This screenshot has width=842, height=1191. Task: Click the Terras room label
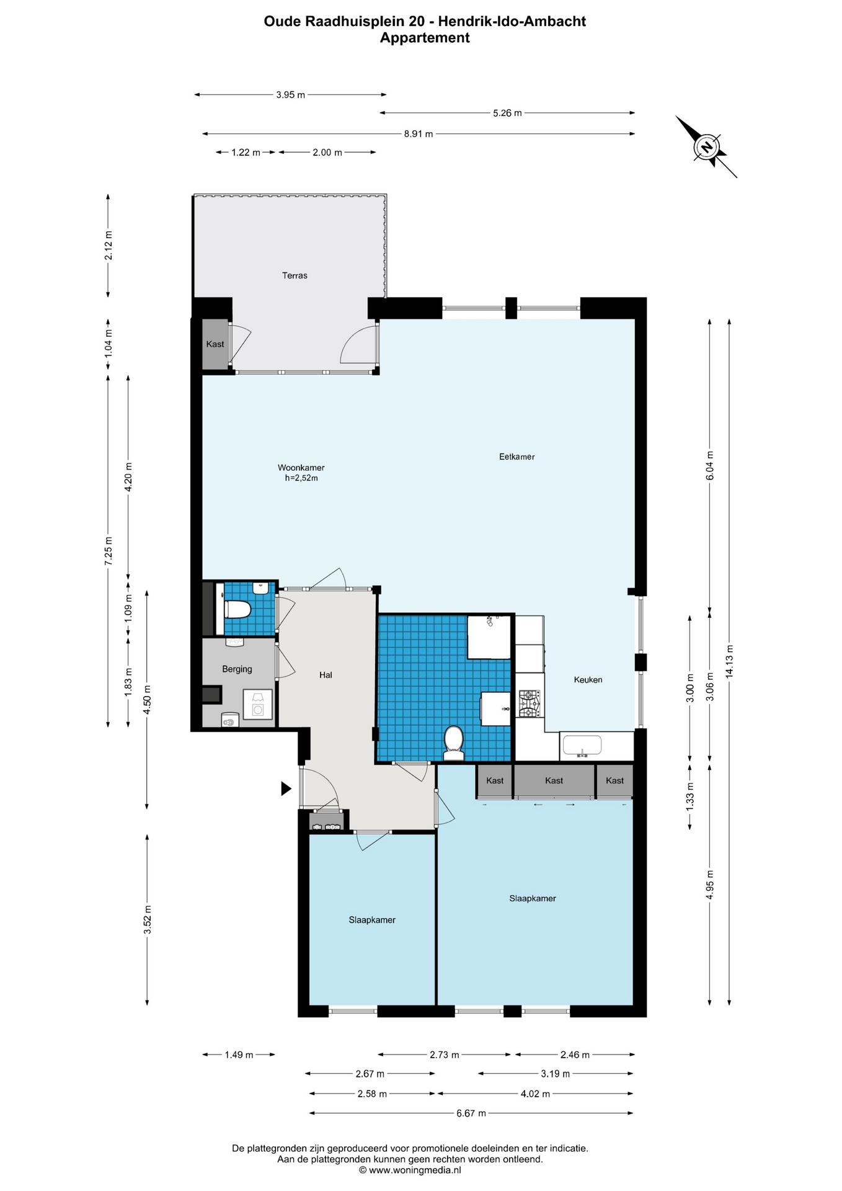click(295, 275)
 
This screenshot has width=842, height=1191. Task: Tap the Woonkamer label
click(301, 468)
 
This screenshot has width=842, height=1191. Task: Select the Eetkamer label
click(516, 457)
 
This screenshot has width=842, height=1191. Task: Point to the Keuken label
click(588, 679)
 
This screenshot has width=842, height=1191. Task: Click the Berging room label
click(237, 669)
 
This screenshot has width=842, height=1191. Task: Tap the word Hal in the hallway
click(326, 675)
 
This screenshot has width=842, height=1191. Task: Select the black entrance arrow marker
click(286, 788)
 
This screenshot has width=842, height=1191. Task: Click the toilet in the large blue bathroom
click(454, 743)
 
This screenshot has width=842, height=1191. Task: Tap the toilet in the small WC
click(237, 610)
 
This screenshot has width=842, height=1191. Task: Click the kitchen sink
click(581, 746)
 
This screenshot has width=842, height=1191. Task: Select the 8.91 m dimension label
click(419, 134)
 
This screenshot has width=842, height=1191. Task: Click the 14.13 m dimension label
click(729, 662)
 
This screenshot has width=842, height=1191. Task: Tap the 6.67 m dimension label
click(471, 1113)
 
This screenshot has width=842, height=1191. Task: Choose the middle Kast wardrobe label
click(554, 780)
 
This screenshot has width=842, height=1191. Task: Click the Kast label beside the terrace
click(215, 344)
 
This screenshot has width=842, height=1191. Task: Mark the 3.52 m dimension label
click(148, 919)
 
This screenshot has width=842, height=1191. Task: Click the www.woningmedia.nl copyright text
click(410, 1170)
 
